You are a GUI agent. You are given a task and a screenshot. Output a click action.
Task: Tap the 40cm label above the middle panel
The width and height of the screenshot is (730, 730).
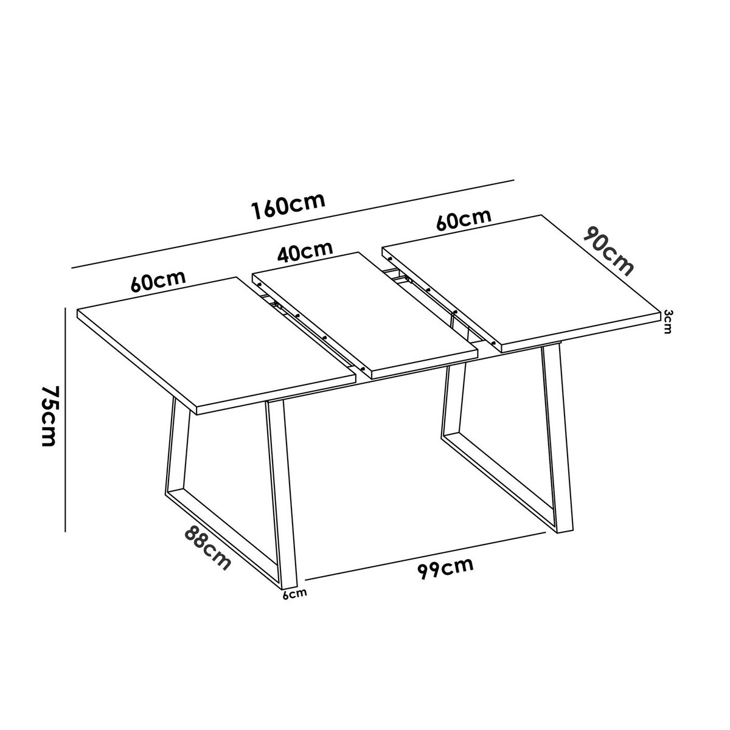tap(305, 251)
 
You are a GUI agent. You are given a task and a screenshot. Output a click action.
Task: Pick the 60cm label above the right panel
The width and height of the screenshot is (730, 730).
tap(464, 220)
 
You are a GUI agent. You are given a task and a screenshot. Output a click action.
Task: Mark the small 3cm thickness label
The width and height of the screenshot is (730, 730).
tap(667, 322)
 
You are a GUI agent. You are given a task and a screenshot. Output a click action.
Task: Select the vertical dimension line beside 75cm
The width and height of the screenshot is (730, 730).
tap(65, 420)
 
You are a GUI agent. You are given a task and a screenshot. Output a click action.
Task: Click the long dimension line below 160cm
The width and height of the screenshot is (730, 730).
tap(292, 224)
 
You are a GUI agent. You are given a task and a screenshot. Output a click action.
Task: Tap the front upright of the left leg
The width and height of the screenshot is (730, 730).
tap(281, 493)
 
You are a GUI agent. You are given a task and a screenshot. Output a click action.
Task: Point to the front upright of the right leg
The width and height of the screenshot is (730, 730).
tap(556, 438)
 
